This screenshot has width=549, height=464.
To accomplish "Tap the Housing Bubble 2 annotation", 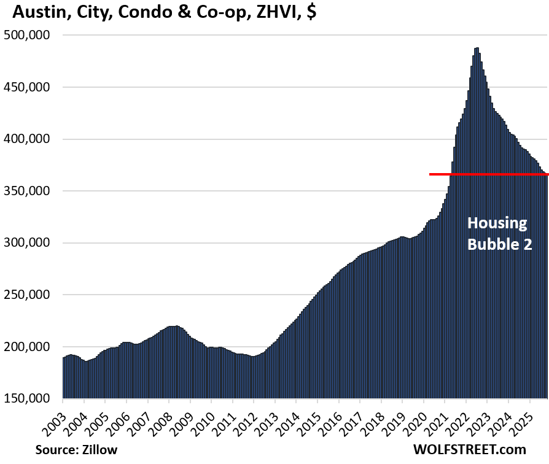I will click(x=497, y=233).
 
